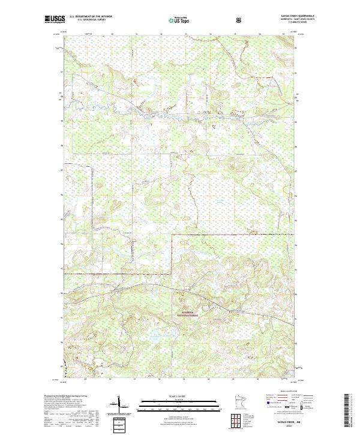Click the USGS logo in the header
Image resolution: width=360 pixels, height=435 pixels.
(x=53, y=20)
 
